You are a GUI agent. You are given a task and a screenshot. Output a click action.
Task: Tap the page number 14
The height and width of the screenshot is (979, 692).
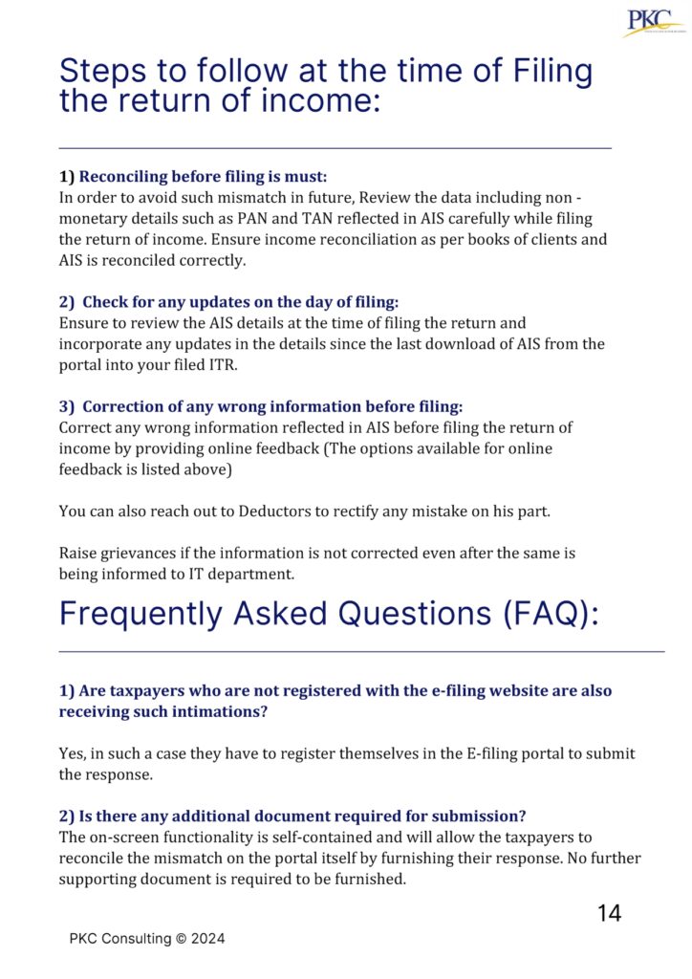pyautogui.click(x=609, y=913)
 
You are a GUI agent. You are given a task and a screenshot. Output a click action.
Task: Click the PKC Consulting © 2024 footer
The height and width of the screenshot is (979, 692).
pyautogui.click(x=147, y=939)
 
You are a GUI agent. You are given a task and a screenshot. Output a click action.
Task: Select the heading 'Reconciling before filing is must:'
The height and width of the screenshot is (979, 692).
pyautogui.click(x=203, y=177)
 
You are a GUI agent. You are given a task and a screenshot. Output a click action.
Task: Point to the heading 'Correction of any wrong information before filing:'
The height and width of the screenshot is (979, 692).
pyautogui.click(x=270, y=406)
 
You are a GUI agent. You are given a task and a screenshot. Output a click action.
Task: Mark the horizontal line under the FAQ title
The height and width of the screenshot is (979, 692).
pyautogui.click(x=361, y=652)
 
